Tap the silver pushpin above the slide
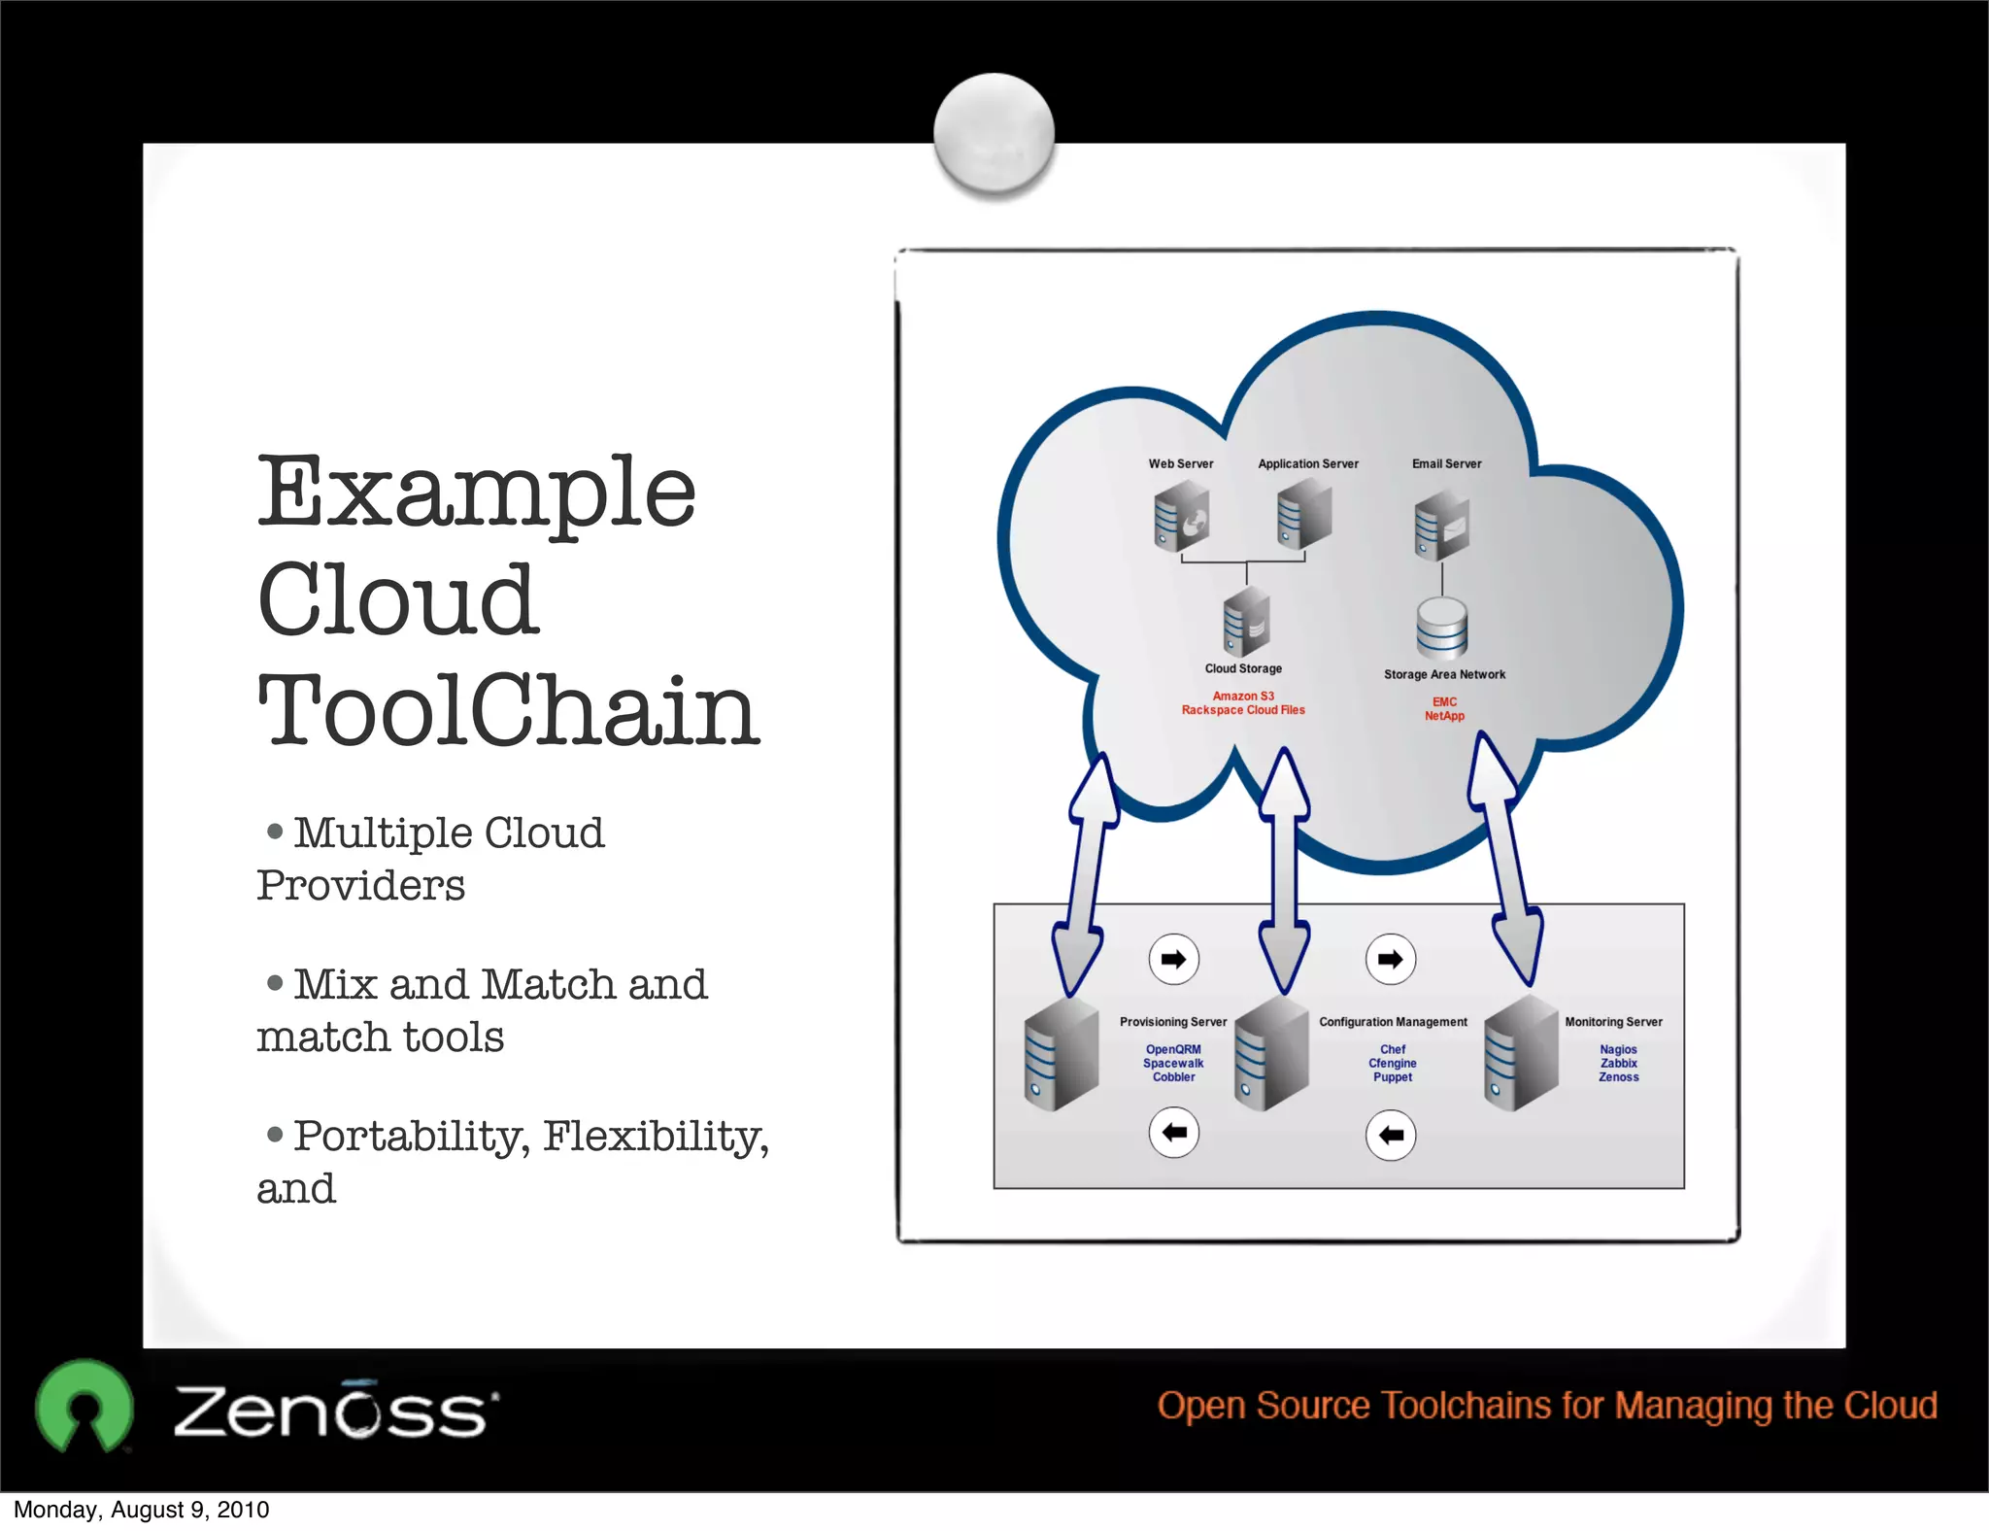tap(994, 132)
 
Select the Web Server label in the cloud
tap(1180, 463)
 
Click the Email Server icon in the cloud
tap(1441, 526)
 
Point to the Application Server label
tap(1307, 463)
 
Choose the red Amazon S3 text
tap(1243, 696)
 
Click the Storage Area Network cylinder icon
tap(1441, 628)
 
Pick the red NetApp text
tap(1444, 716)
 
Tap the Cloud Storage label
tap(1243, 668)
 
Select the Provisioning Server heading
tap(1172, 1022)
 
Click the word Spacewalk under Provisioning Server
tap(1173, 1063)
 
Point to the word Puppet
tap(1393, 1077)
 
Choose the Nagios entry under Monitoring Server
tap(1618, 1049)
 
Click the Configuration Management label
tap(1393, 1022)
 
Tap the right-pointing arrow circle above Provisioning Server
tap(1173, 960)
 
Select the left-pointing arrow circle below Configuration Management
tap(1391, 1135)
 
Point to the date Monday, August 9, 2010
tap(142, 1510)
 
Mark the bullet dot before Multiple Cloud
tap(275, 832)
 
